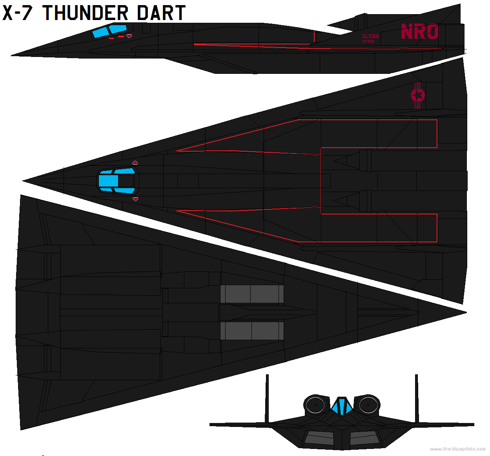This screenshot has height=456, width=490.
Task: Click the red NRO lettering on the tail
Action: pyautogui.click(x=419, y=32)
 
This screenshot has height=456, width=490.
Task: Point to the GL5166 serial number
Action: pyautogui.click(x=370, y=36)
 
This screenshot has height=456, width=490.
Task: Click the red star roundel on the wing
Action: pyautogui.click(x=417, y=95)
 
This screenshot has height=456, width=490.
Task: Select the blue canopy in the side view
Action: pyautogui.click(x=110, y=31)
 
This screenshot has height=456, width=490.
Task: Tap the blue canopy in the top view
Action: pyautogui.click(x=116, y=181)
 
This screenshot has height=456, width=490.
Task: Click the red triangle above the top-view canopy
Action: pyautogui.click(x=135, y=163)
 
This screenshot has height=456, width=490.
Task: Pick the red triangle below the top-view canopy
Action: pyautogui.click(x=135, y=199)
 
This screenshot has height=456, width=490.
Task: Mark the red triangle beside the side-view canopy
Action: pyautogui.click(x=129, y=36)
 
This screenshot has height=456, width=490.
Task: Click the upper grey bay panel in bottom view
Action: pyautogui.click(x=252, y=294)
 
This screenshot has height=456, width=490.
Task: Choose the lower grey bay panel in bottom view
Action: pyautogui.click(x=252, y=331)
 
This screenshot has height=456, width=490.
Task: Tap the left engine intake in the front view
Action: pyautogui.click(x=315, y=405)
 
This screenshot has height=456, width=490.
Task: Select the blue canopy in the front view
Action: pyautogui.click(x=342, y=407)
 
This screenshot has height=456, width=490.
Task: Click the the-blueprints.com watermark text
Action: pyautogui.click(x=457, y=449)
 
